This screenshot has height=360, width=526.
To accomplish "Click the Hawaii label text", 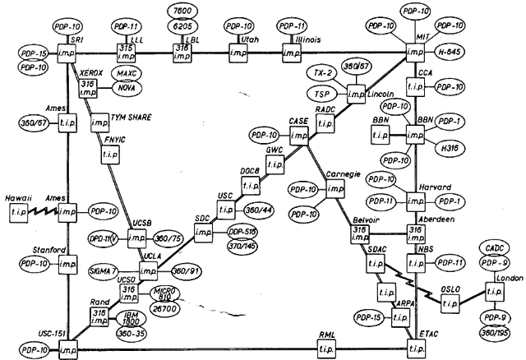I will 17,197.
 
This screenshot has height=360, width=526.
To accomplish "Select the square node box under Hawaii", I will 18,214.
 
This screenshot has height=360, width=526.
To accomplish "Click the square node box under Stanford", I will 68,264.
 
